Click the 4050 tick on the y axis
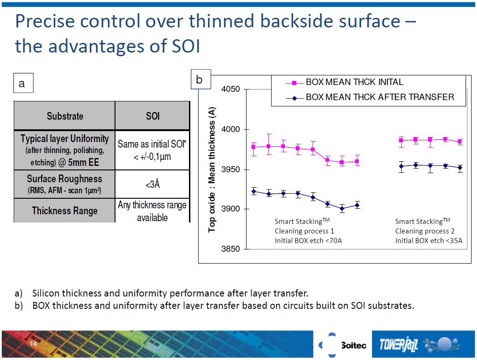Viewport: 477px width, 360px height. tap(231, 89)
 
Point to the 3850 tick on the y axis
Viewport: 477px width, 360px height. tap(231, 249)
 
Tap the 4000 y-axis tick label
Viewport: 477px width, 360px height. tap(231, 129)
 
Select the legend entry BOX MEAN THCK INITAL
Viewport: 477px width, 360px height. tap(354, 83)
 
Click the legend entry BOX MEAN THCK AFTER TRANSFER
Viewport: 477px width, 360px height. tap(379, 97)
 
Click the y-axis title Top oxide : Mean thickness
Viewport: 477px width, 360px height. tap(212, 169)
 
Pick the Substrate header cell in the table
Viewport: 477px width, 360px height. tap(65, 116)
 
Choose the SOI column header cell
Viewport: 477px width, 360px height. tap(152, 116)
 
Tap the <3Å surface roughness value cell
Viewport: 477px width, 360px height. tap(152, 185)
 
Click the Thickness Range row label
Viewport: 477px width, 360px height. tap(65, 211)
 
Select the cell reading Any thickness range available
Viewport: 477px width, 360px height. tap(152, 211)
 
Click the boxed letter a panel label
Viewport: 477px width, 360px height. tap(22, 84)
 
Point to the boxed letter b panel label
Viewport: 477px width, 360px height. tap(199, 79)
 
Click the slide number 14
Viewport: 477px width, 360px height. tap(33, 344)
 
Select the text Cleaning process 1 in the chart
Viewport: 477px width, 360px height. tap(304, 231)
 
